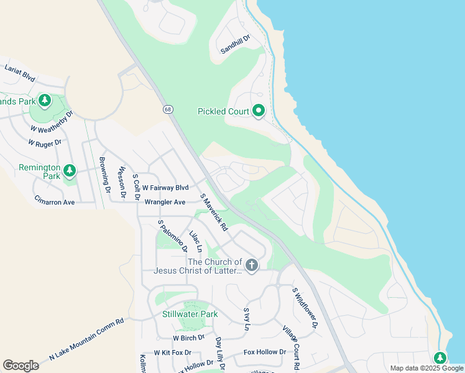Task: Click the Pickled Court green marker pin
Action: (259, 111)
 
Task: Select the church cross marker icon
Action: (252, 265)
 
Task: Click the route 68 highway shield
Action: (168, 109)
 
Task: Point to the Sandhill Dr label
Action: (236, 45)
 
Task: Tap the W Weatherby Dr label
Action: (52, 121)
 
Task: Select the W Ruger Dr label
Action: (45, 142)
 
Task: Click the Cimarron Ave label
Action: (55, 202)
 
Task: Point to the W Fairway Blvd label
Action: (165, 187)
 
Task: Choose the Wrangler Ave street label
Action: (165, 202)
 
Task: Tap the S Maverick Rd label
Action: (213, 213)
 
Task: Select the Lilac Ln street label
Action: (196, 241)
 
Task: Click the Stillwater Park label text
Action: (190, 314)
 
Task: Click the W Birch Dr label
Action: (188, 338)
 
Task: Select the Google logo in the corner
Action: (21, 366)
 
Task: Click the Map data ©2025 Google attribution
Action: (426, 368)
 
